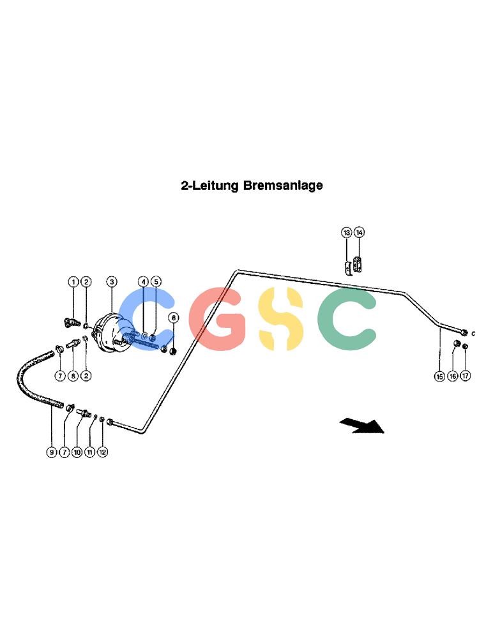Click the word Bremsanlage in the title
[x=283, y=186]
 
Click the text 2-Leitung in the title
[x=210, y=186]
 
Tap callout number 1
[x=73, y=281]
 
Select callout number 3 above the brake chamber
[x=112, y=281]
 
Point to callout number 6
[x=174, y=317]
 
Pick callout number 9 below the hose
[x=51, y=452]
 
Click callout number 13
[x=346, y=232]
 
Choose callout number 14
[x=359, y=232]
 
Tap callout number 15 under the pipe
[x=439, y=376]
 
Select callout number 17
[x=466, y=376]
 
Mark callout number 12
[x=102, y=452]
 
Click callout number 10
[x=77, y=452]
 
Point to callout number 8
[x=73, y=376]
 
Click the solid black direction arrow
[x=363, y=426]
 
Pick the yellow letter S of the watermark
[x=281, y=319]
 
